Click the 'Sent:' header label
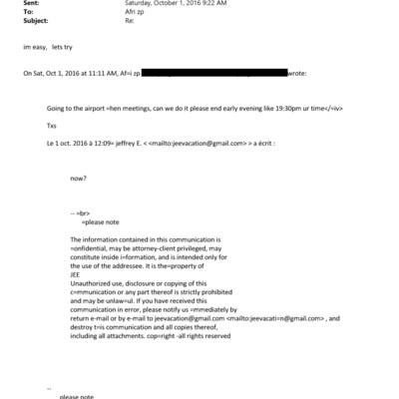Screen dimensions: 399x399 32,4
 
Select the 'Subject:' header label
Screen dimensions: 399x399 37,22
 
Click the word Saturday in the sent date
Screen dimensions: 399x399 141,4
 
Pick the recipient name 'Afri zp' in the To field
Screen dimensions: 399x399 136,13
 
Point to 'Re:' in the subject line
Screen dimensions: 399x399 129,22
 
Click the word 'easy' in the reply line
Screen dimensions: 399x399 40,48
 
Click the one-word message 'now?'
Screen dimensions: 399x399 78,179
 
